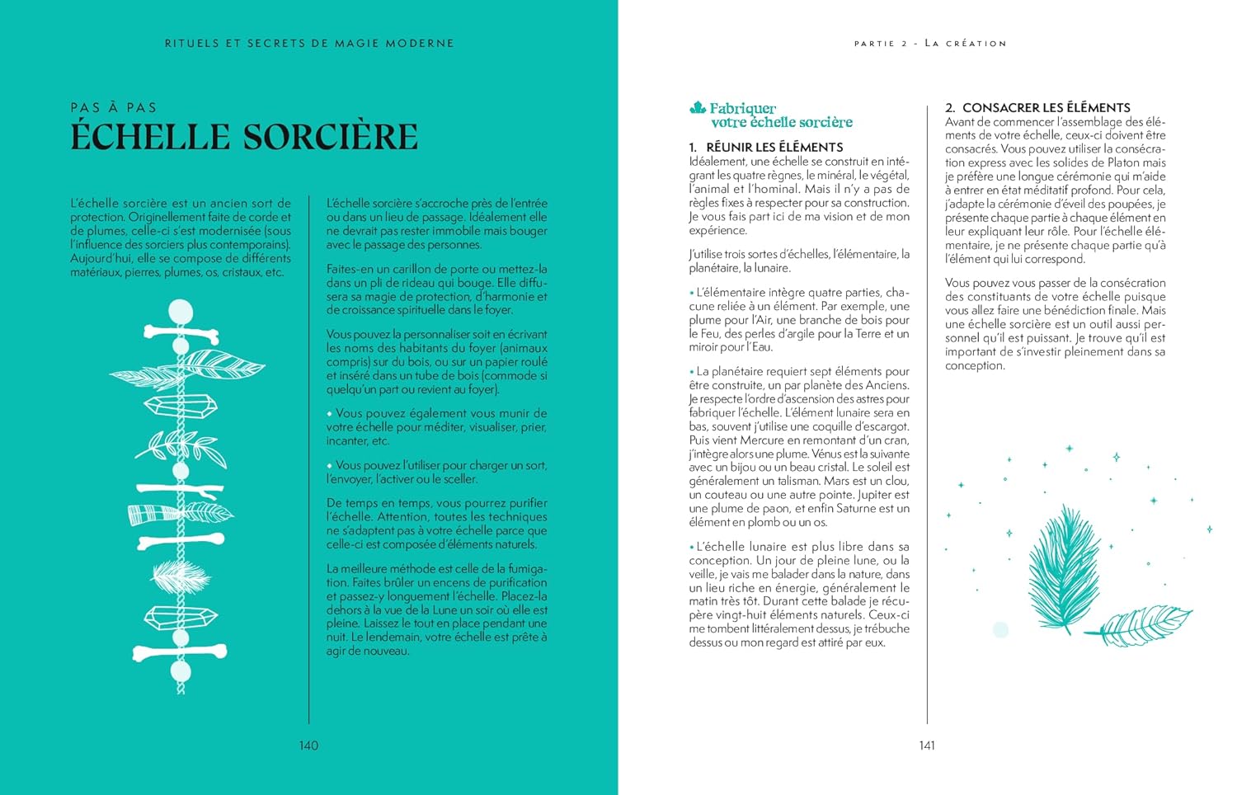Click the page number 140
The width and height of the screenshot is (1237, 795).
[308, 746]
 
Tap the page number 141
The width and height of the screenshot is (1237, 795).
[927, 746]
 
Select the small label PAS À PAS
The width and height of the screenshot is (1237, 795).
[113, 107]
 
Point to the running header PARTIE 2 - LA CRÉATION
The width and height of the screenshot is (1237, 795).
[930, 43]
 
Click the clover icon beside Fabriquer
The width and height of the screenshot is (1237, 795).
[698, 107]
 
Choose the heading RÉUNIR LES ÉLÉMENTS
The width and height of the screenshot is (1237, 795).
[774, 147]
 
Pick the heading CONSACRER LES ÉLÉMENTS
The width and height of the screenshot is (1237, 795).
[1046, 107]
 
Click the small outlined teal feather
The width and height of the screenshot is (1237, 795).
[1141, 625]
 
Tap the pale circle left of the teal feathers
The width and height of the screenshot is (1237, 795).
[1000, 629]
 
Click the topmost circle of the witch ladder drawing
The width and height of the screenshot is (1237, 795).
[181, 312]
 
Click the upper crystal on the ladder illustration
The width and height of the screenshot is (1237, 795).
[181, 405]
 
